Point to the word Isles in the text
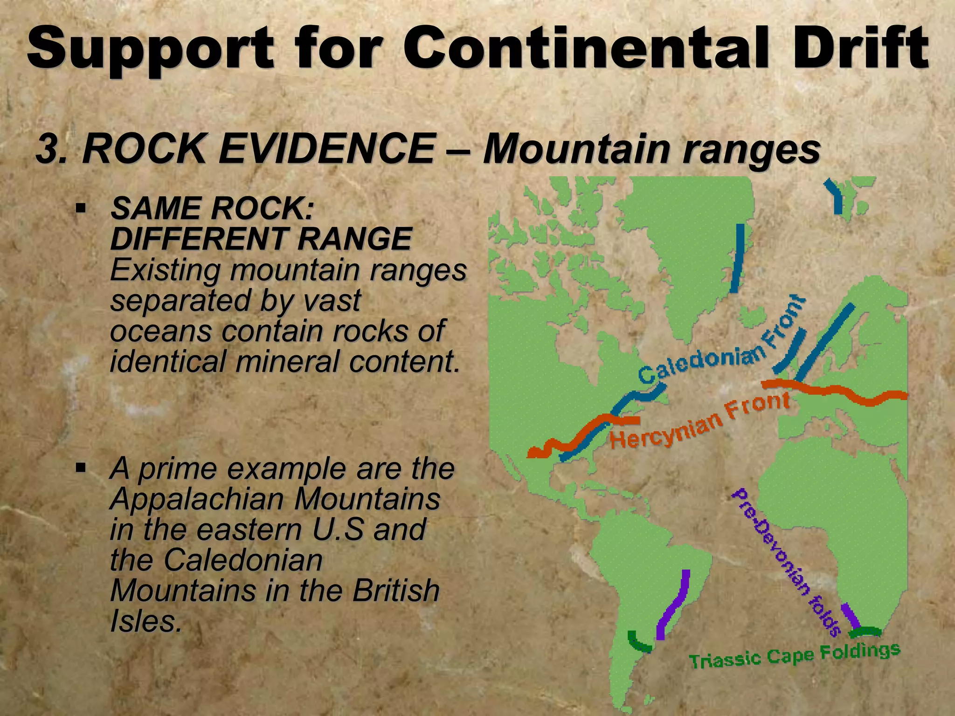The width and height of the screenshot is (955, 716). [x=145, y=621]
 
